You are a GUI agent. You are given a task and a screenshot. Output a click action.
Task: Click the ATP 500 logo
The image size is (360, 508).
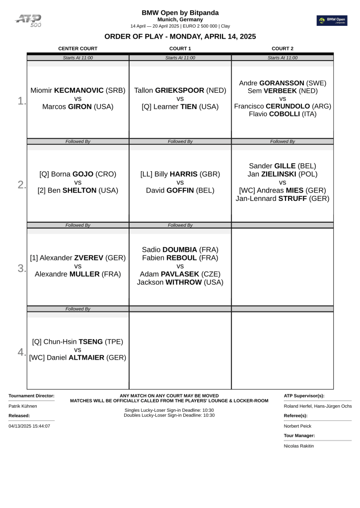[x=28, y=20]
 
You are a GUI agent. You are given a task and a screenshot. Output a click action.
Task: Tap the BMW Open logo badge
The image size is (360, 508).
[x=332, y=20]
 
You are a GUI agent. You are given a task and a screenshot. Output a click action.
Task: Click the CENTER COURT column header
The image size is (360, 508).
[x=78, y=49]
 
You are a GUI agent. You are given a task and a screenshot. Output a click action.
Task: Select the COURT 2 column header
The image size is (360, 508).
[x=283, y=49]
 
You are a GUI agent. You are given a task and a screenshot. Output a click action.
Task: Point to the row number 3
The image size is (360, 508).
[x=21, y=268]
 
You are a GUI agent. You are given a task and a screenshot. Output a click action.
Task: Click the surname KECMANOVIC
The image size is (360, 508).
[x=79, y=90]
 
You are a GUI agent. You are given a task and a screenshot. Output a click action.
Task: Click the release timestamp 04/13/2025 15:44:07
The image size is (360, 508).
[x=29, y=426]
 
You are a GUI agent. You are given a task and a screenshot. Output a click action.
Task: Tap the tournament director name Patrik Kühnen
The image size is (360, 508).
[x=23, y=406]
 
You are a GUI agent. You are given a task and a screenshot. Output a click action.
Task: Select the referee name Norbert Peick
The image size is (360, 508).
[x=298, y=426]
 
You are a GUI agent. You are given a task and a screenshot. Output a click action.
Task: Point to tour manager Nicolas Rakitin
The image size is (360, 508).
[x=299, y=445]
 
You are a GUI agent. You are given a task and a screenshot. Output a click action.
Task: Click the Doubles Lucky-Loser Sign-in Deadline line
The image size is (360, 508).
[x=169, y=415]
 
